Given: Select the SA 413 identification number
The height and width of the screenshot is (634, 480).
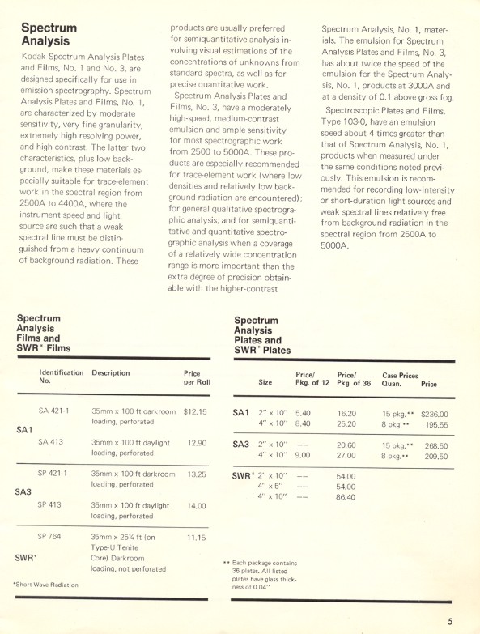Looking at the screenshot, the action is (x=53, y=443).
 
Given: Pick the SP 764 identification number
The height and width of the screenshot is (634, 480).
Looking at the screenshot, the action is (x=53, y=536).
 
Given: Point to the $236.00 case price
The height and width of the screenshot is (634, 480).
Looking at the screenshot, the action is (x=435, y=414).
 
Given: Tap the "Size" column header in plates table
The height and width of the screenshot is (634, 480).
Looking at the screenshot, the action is (x=265, y=383).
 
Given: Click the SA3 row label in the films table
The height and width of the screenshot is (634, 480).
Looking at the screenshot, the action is (x=23, y=491).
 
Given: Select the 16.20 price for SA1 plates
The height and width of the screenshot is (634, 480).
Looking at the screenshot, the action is (x=346, y=413).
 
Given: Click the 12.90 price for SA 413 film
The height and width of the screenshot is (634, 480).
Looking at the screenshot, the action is (x=197, y=443).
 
